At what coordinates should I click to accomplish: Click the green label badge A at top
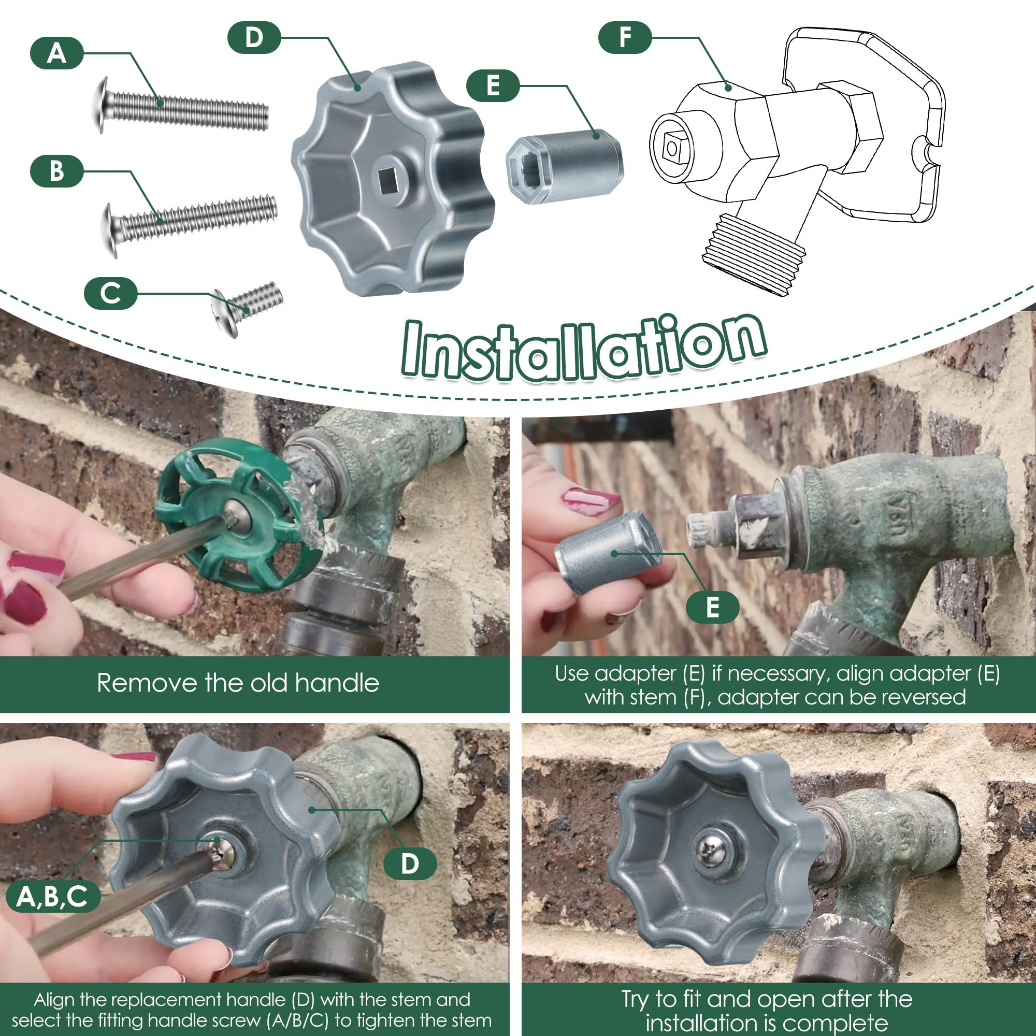click(57, 53)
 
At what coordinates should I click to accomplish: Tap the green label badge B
click(57, 171)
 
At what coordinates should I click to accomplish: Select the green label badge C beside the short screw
click(110, 293)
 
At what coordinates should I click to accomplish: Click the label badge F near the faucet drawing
click(625, 37)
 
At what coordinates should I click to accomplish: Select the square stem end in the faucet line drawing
click(671, 147)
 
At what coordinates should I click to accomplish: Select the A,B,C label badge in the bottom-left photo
click(52, 897)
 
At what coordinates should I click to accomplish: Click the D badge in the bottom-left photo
click(410, 864)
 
